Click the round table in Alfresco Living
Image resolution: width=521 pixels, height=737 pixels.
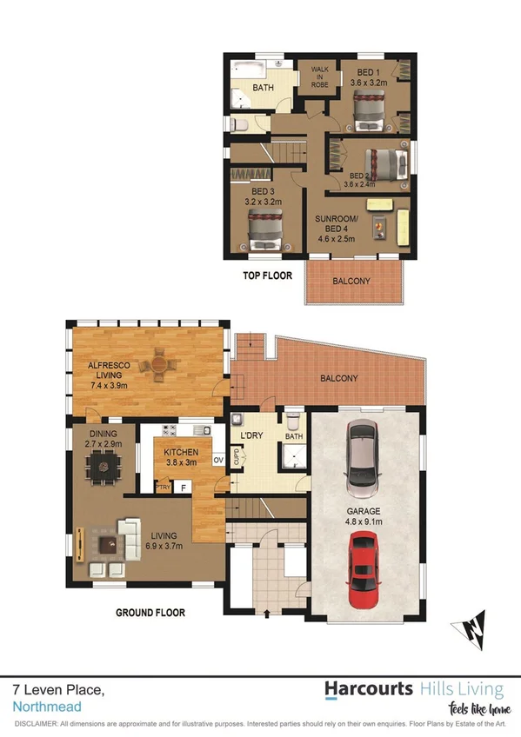[160, 365]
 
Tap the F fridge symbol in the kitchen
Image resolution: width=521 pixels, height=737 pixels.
[183, 488]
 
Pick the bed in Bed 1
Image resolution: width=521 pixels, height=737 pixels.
[371, 107]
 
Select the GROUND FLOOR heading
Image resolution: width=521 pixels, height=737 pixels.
[150, 613]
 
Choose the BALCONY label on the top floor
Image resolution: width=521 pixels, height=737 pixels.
[352, 281]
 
